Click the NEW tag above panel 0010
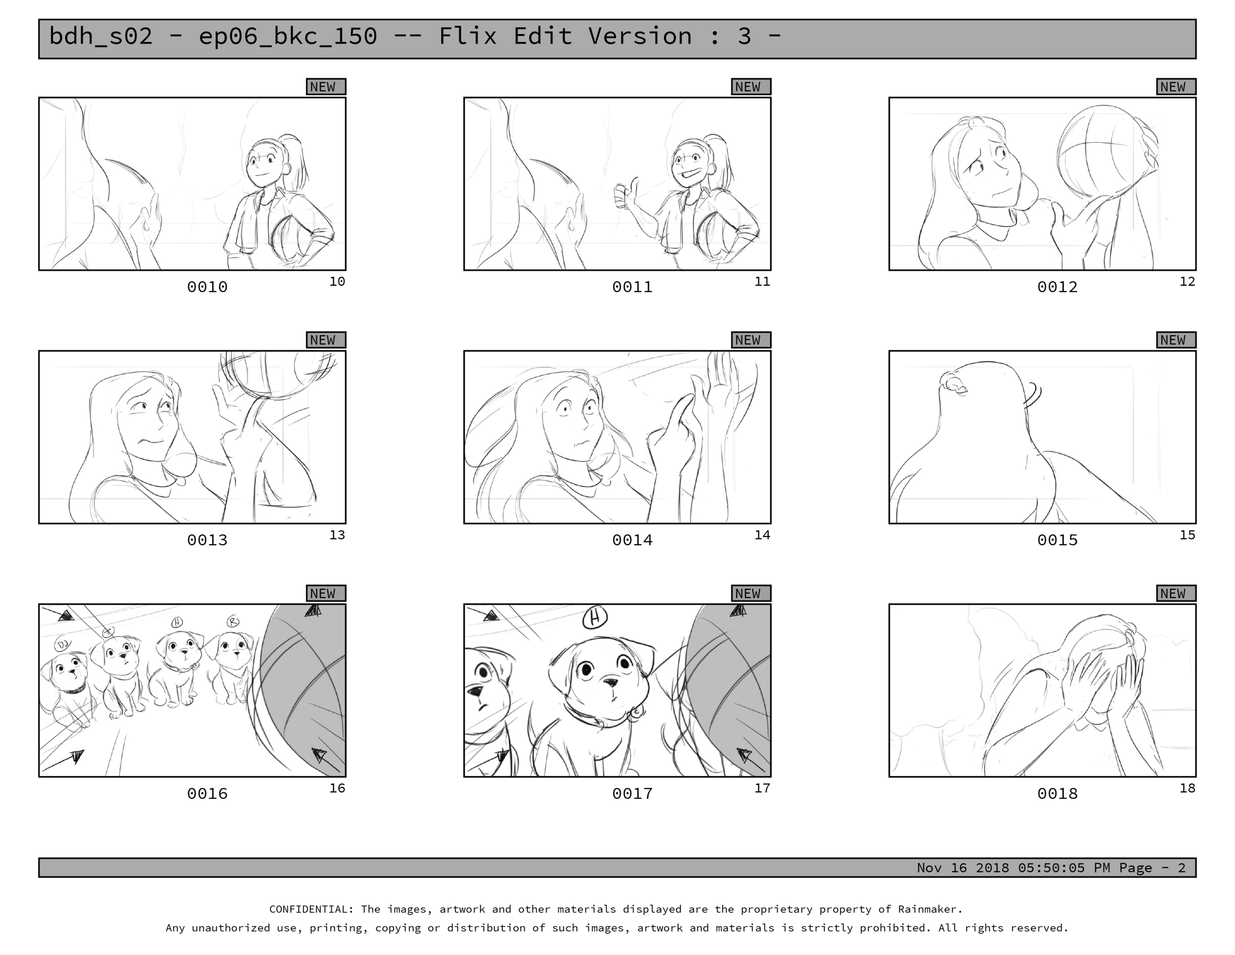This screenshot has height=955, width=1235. point(326,87)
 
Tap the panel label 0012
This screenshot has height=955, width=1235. point(1057,287)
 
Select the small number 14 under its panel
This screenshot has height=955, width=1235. point(762,535)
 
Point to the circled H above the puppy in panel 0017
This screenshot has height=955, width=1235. point(595,618)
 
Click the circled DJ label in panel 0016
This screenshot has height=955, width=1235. point(62,644)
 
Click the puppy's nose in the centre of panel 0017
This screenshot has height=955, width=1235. point(610,683)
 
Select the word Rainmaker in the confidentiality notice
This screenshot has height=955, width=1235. point(930,909)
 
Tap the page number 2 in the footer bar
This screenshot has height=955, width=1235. point(1181,868)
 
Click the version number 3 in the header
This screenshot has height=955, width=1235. point(743,37)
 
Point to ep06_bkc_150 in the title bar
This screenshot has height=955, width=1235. point(288,37)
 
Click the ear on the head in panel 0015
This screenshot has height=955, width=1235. point(953,384)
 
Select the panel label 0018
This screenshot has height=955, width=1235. point(1057,793)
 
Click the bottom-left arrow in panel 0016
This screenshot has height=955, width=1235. point(63,760)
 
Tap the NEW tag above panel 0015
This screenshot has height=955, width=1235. point(1176,340)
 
